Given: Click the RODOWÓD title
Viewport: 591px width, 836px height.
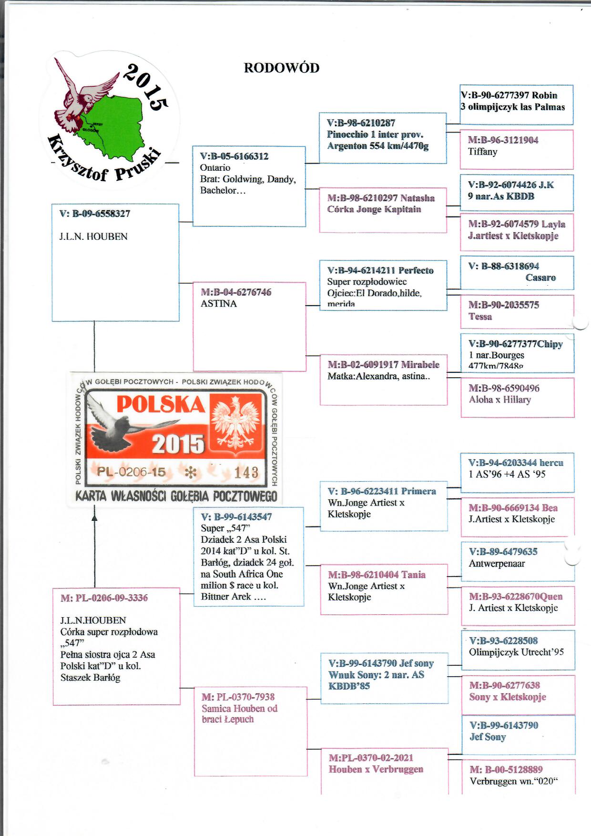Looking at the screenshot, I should [x=281, y=68].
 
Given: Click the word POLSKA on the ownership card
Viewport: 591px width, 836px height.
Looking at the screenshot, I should [x=161, y=405].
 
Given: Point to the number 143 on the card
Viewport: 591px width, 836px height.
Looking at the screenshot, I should [x=246, y=473].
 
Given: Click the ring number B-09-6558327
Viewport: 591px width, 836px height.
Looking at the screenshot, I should [x=101, y=214].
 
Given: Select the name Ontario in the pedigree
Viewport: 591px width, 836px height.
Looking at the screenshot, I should [x=215, y=168].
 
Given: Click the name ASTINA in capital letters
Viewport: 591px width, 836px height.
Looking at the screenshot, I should [x=218, y=304].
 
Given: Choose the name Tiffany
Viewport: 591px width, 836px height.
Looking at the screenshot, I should [x=482, y=152].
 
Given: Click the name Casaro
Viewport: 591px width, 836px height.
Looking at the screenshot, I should [x=540, y=278].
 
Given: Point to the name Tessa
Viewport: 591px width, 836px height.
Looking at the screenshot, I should [x=480, y=317].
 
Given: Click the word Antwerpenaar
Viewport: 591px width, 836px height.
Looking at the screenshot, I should [x=497, y=563].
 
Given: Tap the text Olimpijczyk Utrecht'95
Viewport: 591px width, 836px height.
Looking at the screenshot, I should [x=516, y=652].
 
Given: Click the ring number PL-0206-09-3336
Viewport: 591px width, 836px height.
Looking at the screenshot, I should [x=111, y=598].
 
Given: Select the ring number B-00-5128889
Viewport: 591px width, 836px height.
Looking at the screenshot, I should [x=512, y=769].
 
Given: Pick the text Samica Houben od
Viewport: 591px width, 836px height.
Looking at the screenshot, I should [x=239, y=708].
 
